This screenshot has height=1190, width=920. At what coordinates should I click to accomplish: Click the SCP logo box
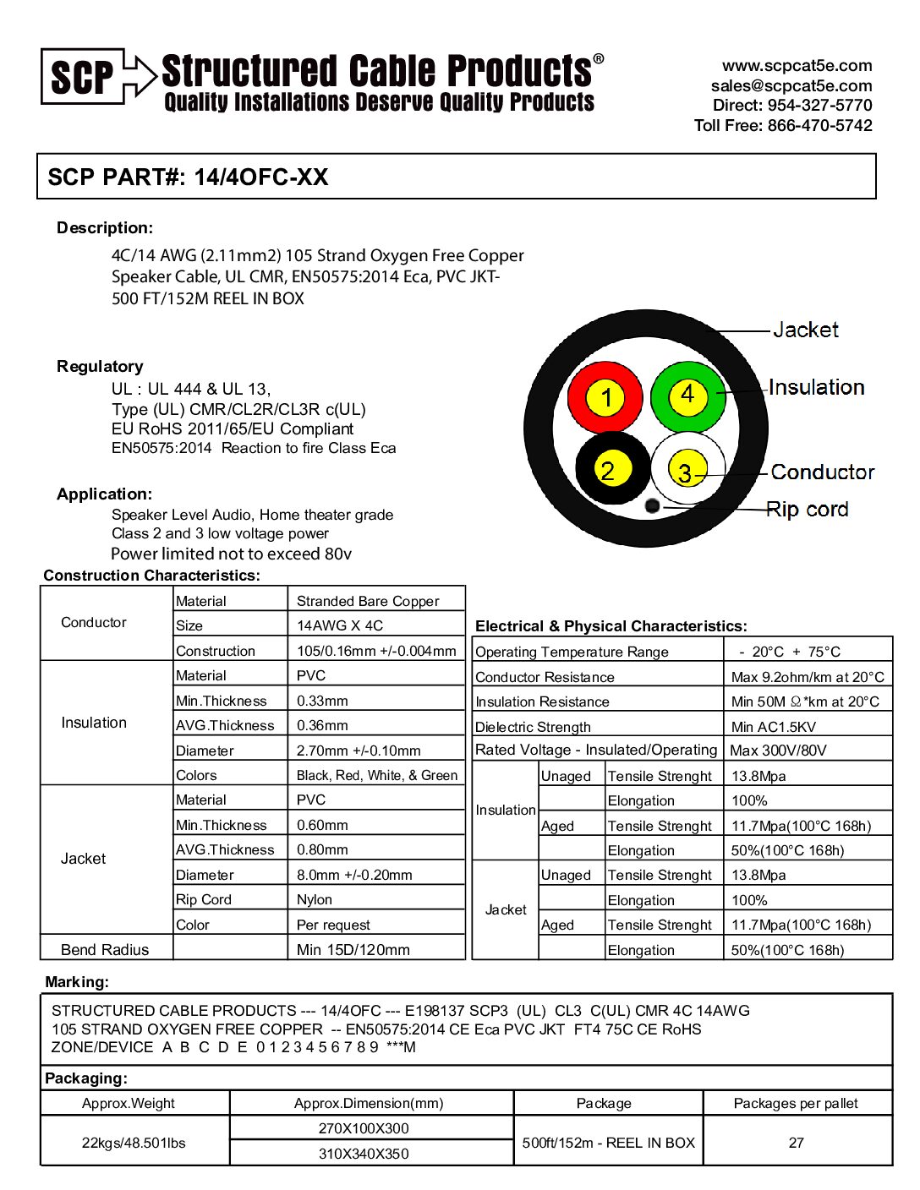tap(83, 77)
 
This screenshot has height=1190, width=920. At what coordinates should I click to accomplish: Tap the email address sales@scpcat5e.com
tap(791, 85)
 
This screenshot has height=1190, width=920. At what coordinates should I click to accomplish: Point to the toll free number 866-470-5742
tap(819, 125)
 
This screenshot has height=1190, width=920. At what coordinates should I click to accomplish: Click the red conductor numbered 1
tap(605, 396)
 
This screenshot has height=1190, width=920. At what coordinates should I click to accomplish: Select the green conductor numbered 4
tap(688, 396)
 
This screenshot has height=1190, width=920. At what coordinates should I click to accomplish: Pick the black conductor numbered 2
tap(607, 469)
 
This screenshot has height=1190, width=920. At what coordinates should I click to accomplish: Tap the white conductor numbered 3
tap(687, 471)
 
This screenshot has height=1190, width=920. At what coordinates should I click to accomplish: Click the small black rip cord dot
tap(652, 505)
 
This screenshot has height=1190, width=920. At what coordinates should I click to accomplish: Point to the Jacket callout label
tap(805, 330)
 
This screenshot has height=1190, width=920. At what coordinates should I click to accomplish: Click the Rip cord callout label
tap(807, 510)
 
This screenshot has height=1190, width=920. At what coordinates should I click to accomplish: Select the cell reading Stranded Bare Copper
tap(368, 601)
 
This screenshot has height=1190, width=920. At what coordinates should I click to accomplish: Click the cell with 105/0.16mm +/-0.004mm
tap(376, 651)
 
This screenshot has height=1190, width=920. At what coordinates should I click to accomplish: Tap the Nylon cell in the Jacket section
tap(315, 899)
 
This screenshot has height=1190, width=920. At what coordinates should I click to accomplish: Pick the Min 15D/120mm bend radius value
tap(353, 949)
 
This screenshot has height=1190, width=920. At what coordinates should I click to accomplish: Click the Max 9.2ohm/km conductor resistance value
tap(808, 677)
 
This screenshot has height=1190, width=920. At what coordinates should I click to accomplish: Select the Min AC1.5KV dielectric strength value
tap(773, 727)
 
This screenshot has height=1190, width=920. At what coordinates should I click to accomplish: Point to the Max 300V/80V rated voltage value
tap(778, 751)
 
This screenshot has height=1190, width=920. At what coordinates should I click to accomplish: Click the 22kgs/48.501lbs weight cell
tap(134, 1143)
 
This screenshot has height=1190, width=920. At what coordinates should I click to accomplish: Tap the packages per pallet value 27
tap(796, 1143)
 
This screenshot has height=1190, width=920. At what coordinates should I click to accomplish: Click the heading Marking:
tap(77, 982)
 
